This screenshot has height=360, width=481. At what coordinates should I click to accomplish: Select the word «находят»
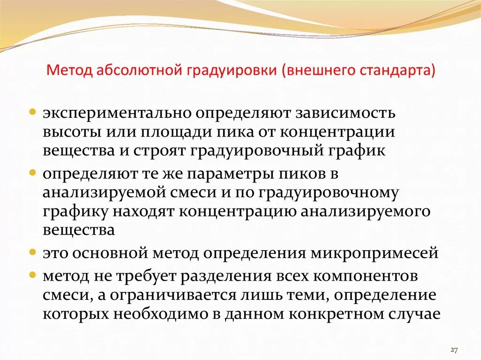(x=144, y=212)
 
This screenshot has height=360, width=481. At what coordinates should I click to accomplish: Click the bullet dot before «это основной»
(x=33, y=252)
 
